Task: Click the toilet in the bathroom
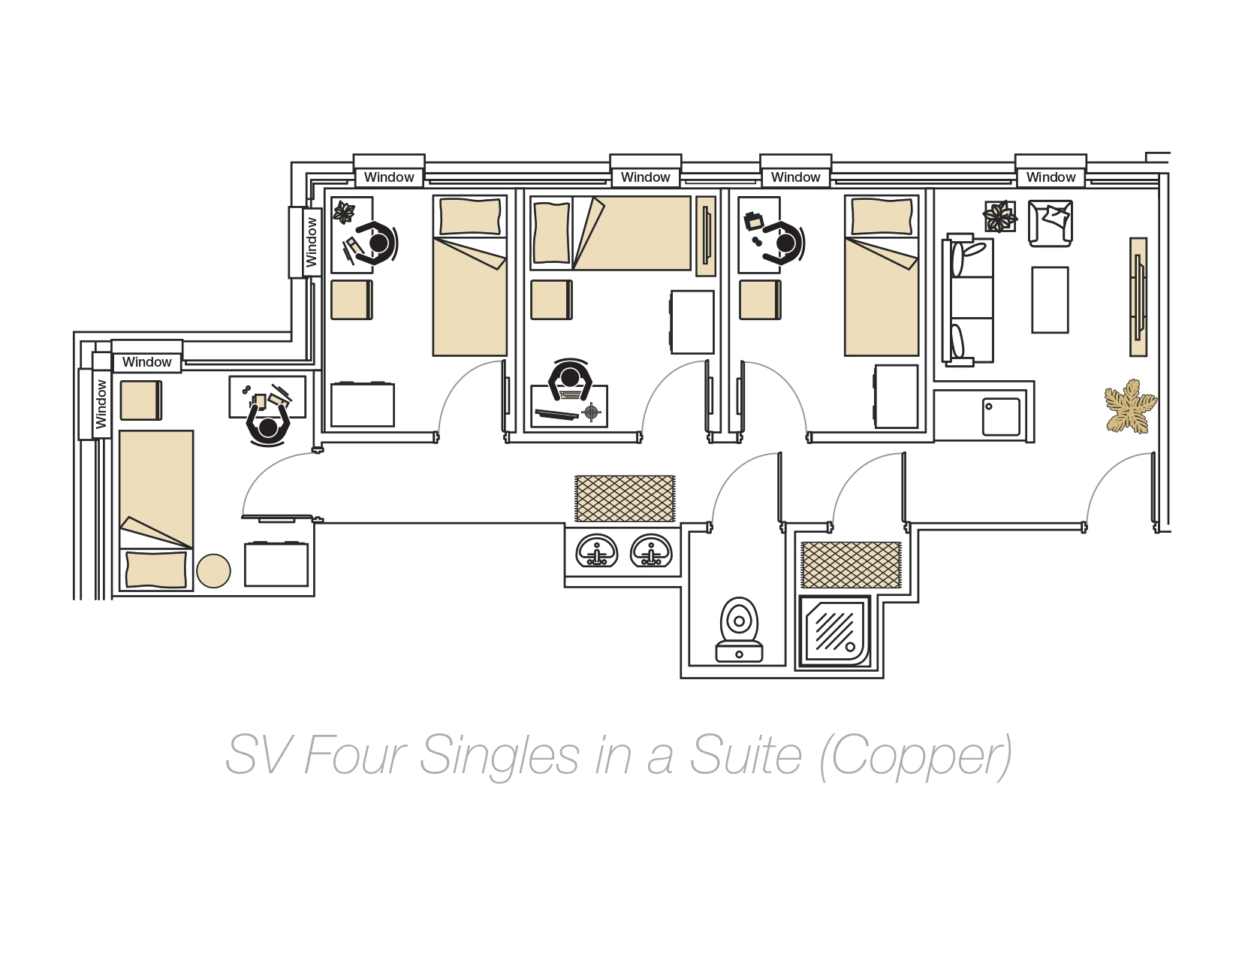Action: coord(740,630)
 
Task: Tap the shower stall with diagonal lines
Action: coord(835,631)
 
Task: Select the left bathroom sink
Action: coord(597,552)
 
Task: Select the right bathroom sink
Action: coord(651,552)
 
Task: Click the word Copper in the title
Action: coord(915,755)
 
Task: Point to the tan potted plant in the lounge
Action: coord(1129,406)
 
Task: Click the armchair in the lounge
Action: coord(1050,222)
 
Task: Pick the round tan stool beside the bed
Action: coord(213,571)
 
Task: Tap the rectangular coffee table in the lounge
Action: coord(1050,299)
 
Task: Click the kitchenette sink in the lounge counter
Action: coord(1001,416)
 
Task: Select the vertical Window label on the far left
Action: coord(101,403)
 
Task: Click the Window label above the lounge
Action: coord(1051,177)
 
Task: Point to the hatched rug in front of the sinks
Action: coord(625,498)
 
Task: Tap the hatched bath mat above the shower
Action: coord(851,565)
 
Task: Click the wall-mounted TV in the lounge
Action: coord(1138,297)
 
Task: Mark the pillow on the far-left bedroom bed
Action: coord(155,569)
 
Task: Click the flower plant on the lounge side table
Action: coord(999,216)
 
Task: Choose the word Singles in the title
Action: coord(499,755)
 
